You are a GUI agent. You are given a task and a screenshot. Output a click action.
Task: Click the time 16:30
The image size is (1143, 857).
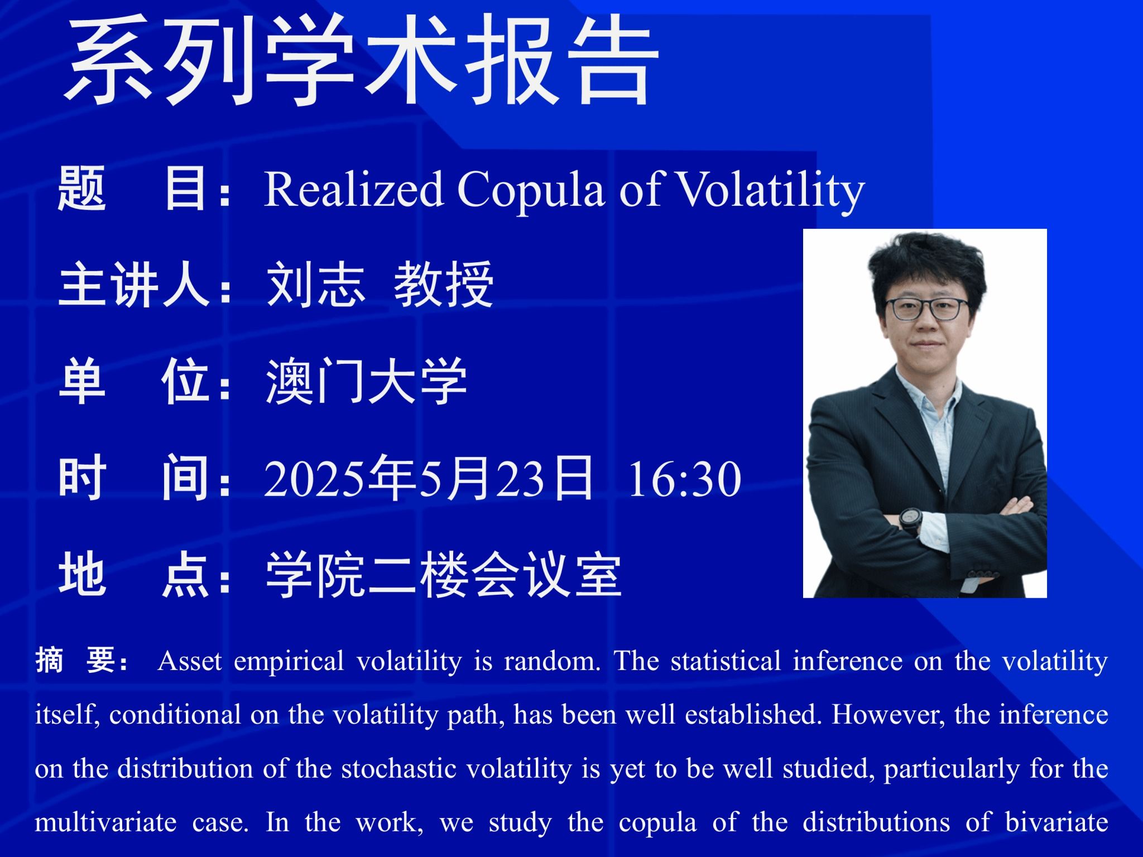tap(685, 479)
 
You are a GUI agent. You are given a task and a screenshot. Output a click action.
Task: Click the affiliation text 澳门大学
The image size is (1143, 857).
tap(366, 382)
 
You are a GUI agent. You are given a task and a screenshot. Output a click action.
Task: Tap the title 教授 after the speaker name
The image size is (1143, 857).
tap(444, 285)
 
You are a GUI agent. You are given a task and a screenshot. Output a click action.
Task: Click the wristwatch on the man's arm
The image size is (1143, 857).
tap(909, 522)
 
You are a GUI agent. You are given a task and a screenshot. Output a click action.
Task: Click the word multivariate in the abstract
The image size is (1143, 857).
tap(105, 823)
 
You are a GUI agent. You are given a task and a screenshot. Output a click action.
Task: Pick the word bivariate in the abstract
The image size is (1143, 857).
tap(1056, 823)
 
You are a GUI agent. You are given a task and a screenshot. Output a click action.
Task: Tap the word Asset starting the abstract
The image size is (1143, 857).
tap(190, 661)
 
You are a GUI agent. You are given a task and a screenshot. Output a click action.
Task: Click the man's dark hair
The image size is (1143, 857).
tap(926, 262)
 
